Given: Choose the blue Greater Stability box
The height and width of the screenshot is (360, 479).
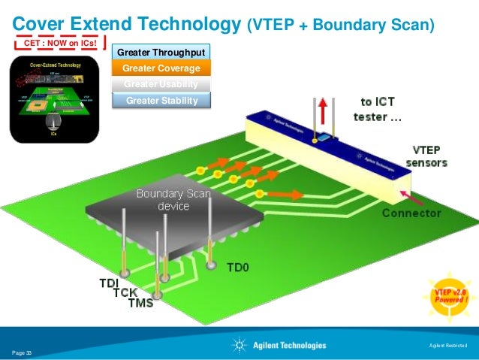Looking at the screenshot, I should [161, 100].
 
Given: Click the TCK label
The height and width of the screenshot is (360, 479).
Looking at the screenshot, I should [125, 292].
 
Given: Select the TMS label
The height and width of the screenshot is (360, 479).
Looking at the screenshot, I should [140, 303].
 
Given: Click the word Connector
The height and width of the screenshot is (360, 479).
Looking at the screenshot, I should [411, 213].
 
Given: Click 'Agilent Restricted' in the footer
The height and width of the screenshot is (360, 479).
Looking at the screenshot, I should [446, 345].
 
